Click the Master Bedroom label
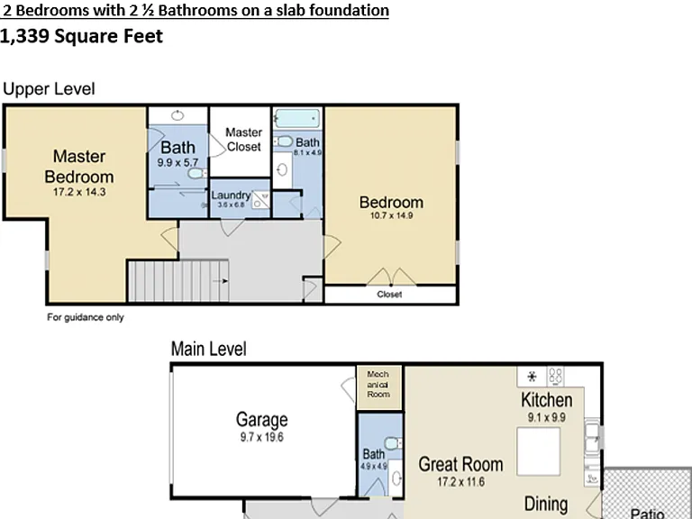pos(79,167)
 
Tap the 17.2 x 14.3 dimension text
pos(79,192)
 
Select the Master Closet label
pos(243,140)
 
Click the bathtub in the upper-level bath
pos(297,119)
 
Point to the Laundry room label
pos(231,195)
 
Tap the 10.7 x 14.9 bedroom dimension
pos(391,216)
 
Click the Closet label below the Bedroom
pos(389,295)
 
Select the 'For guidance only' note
pos(86,317)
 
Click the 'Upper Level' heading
pos(49,88)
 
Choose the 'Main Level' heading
pos(209,349)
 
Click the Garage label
pos(261,419)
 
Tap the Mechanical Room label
pos(378,384)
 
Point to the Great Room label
pos(460,464)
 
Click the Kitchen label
pos(547,400)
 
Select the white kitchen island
pos(539,451)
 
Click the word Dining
pos(546,504)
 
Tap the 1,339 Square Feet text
pos(82,36)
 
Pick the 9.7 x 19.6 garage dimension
pos(261,437)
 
